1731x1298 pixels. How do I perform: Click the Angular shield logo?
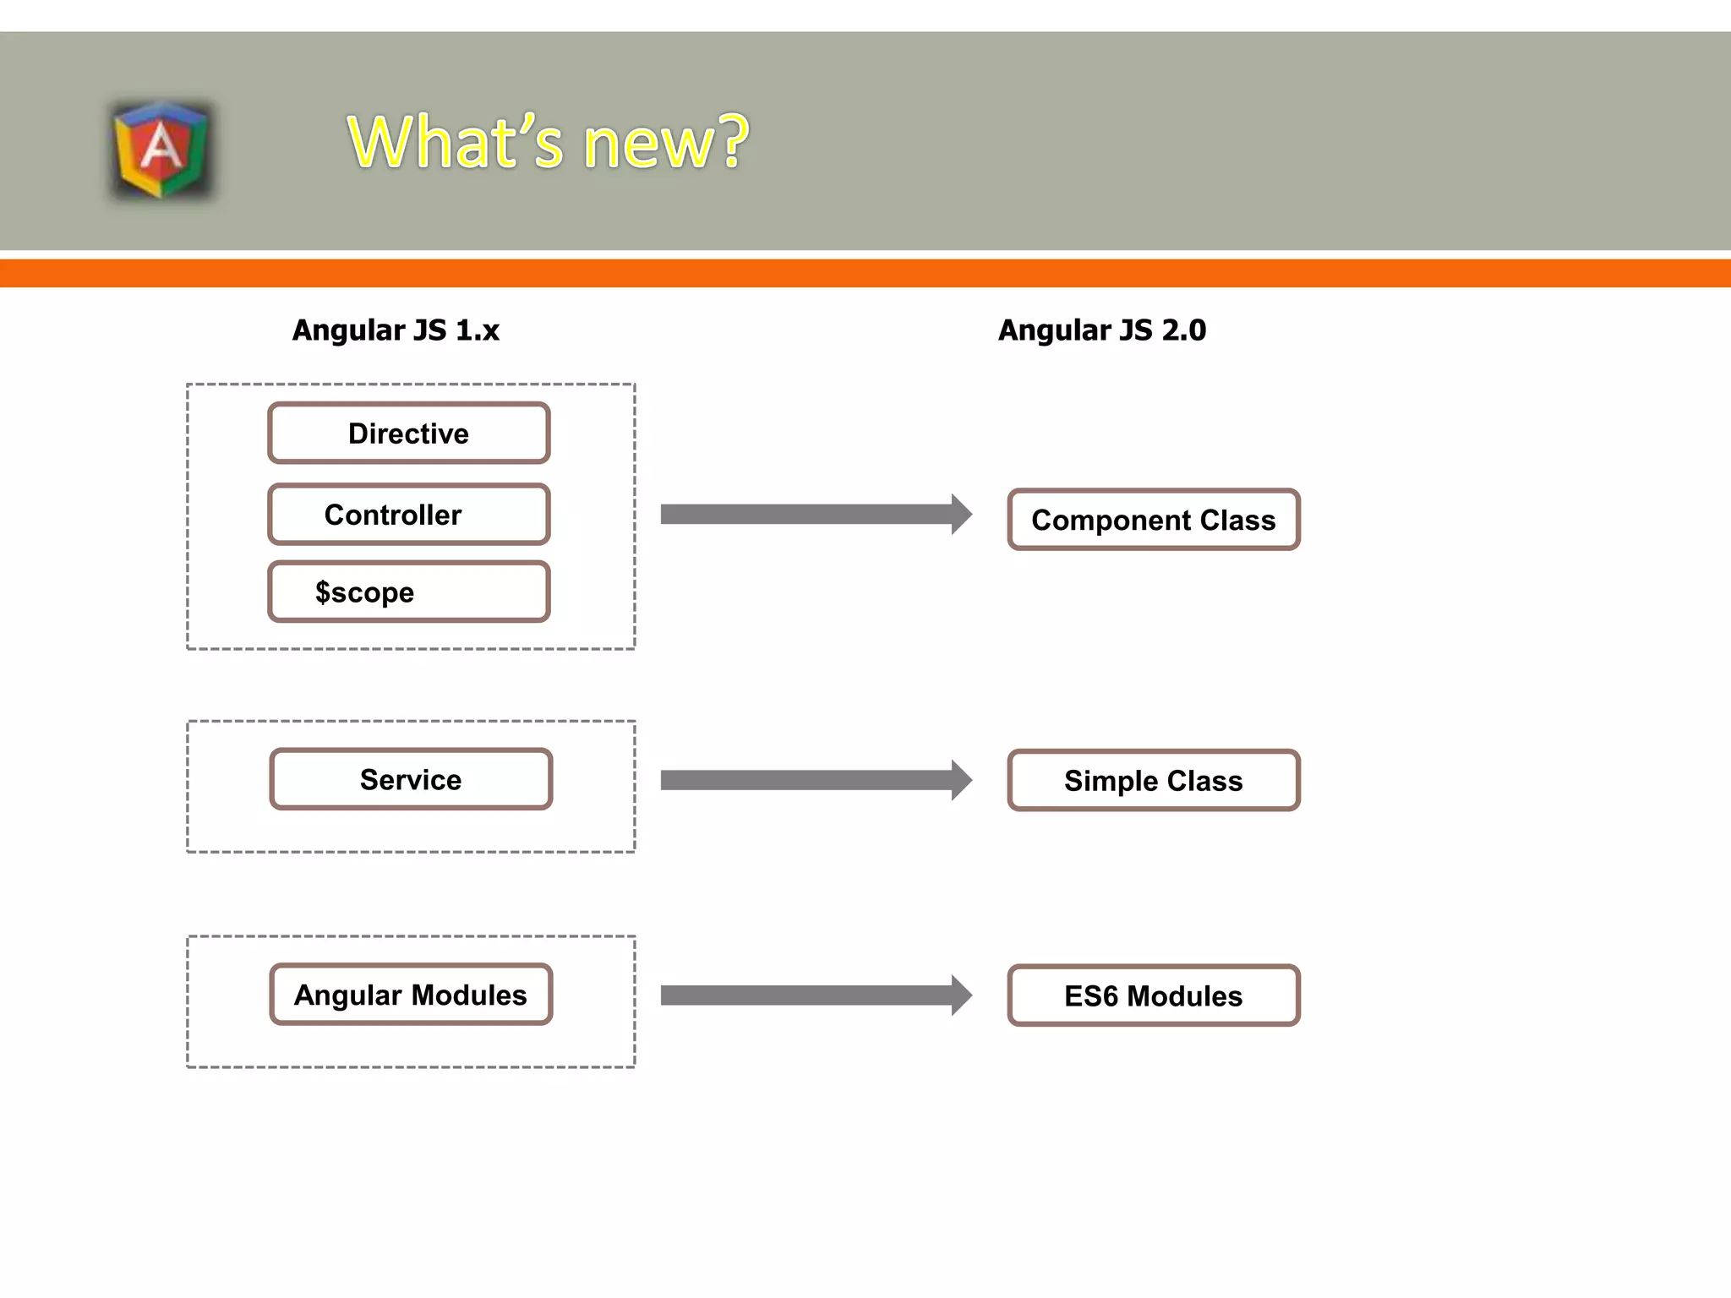[161, 150]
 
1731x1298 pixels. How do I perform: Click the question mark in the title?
[733, 141]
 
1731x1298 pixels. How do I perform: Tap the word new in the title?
[647, 144]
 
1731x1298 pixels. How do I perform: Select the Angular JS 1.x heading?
[396, 330]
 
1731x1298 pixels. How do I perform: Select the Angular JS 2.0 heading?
[1101, 330]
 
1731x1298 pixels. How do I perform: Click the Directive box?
[409, 434]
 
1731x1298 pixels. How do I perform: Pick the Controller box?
[409, 515]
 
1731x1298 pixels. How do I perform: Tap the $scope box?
[409, 592]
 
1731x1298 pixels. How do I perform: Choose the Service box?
[411, 779]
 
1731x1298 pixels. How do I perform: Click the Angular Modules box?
[411, 995]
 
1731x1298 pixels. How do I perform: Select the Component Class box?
[1153, 520]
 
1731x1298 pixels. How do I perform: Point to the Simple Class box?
[1153, 781]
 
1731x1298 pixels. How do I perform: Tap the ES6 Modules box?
[1153, 995]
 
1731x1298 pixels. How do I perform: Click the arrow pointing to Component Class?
[811, 515]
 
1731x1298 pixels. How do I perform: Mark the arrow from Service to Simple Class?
[811, 780]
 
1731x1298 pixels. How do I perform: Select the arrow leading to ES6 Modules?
[811, 995]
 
